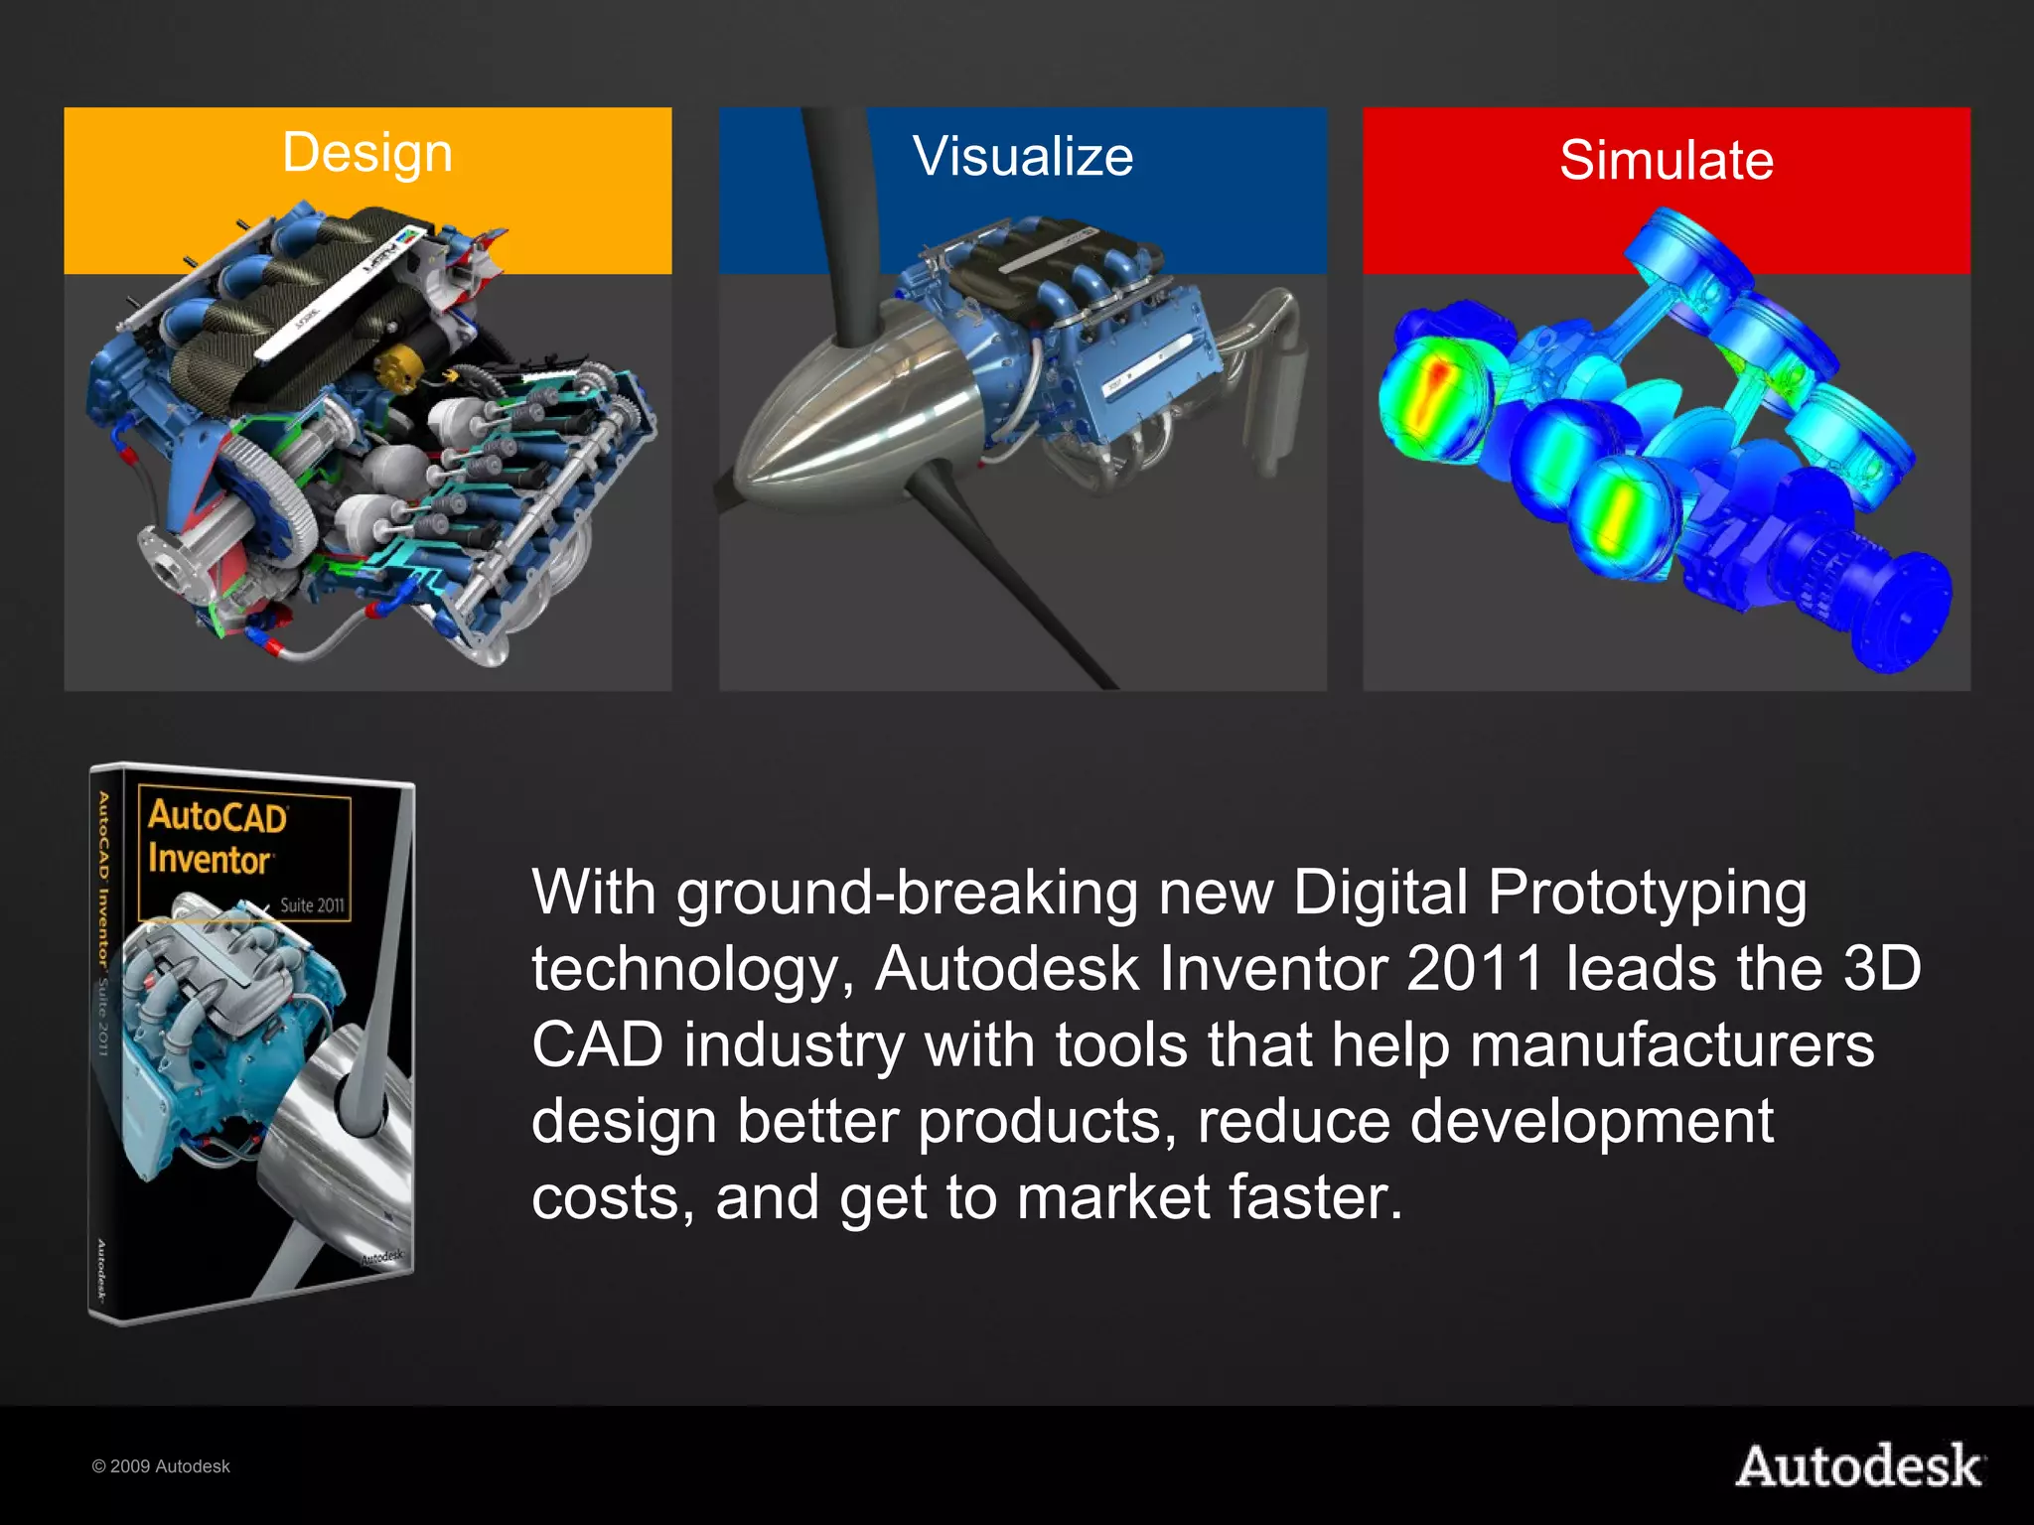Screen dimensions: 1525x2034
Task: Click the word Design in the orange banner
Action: click(367, 154)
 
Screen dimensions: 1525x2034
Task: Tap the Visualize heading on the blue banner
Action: click(1023, 157)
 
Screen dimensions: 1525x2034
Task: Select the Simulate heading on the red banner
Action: click(1667, 161)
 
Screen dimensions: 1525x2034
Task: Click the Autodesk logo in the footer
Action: click(1860, 1466)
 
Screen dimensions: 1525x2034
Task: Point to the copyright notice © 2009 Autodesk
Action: click(161, 1466)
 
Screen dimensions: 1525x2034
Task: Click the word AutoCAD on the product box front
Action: click(218, 817)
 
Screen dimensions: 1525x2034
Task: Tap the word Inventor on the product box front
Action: click(210, 859)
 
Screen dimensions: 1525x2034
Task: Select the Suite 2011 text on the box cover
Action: click(312, 905)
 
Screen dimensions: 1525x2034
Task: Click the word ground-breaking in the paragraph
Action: click(908, 893)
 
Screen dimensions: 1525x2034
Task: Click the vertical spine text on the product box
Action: click(102, 923)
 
